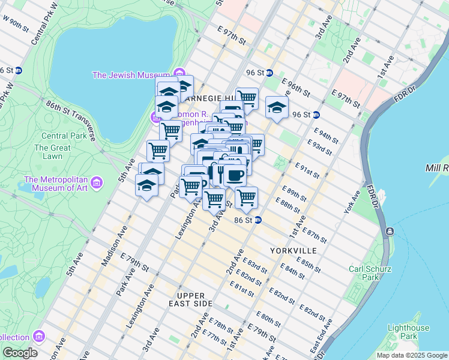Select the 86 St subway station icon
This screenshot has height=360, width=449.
(x=258, y=220)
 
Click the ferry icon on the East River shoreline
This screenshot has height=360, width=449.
(x=390, y=232)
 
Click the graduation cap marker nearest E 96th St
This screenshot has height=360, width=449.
(x=276, y=108)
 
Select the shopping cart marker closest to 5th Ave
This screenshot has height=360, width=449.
(x=157, y=150)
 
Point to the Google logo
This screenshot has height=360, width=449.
(x=20, y=353)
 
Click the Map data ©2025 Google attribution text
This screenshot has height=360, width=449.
(x=412, y=355)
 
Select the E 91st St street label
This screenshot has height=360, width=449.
(x=307, y=170)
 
